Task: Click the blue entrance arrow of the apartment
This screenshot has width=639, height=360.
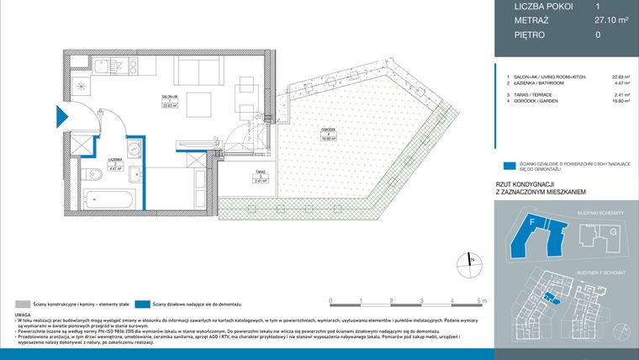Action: (61, 118)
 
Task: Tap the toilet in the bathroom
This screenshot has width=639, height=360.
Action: (97, 175)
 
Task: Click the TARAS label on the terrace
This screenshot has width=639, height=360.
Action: (239, 172)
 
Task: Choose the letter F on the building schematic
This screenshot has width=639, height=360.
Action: (532, 222)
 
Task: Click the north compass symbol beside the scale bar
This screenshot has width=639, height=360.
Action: (472, 262)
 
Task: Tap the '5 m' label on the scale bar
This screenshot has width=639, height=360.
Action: (480, 300)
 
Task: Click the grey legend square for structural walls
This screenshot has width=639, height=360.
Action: (18, 303)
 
